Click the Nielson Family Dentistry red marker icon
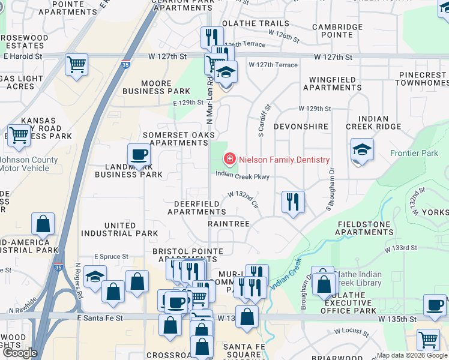[x=229, y=160]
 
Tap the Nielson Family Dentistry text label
[x=284, y=160]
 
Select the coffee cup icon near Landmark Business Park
[x=139, y=155]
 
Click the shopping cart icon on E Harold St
[x=76, y=64]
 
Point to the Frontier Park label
[x=414, y=154]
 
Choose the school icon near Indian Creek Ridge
[x=362, y=149]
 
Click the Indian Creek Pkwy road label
[x=242, y=176]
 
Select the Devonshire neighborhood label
[x=301, y=127]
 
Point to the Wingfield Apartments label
[x=332, y=83]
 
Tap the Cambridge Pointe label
[x=337, y=31]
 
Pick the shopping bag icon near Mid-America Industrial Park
[x=43, y=224]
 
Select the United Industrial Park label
[x=131, y=229]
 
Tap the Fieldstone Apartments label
[x=365, y=228]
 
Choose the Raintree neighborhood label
[x=228, y=224]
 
